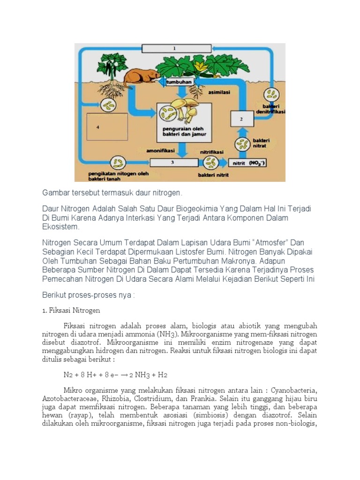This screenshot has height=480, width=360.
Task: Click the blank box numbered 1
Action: coord(174,48)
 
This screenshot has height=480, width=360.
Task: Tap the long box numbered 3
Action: coord(172,163)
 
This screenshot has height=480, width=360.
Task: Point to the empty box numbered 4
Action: coord(107,127)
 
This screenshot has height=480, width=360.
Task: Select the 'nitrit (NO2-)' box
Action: coord(247,164)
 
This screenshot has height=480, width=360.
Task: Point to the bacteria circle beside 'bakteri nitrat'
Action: coord(242,144)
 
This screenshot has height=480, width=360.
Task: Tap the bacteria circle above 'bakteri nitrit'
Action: coord(210,163)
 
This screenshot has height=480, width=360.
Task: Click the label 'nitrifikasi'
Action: coord(211,152)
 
